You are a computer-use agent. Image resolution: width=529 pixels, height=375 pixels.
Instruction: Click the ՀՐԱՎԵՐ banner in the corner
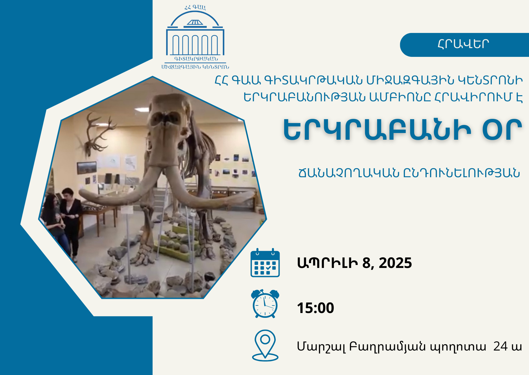(x=464, y=45)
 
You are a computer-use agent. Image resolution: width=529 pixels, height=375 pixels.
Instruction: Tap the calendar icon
(x=265, y=262)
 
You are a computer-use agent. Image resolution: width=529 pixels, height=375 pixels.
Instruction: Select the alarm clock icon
(x=265, y=304)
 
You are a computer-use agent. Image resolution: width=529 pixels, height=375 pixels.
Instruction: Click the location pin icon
(x=265, y=345)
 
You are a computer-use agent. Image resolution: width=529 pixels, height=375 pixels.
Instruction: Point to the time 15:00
(x=315, y=308)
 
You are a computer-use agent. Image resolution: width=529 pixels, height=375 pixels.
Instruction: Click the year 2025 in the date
(x=395, y=263)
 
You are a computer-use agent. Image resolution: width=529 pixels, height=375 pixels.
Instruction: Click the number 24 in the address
(x=500, y=346)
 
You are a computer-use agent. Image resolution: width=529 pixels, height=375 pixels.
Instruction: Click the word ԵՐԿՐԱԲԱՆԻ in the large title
(x=377, y=130)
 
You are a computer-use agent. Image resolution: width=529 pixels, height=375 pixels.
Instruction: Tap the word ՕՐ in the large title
(x=502, y=130)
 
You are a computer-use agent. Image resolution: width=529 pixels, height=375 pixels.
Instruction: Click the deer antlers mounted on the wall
(x=96, y=133)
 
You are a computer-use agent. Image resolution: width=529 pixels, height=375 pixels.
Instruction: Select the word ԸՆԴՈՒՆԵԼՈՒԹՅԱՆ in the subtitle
(x=462, y=173)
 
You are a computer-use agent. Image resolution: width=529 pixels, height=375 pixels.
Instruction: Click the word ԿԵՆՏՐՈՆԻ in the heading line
(x=490, y=80)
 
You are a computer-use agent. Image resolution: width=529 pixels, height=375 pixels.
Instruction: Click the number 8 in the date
(x=366, y=263)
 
